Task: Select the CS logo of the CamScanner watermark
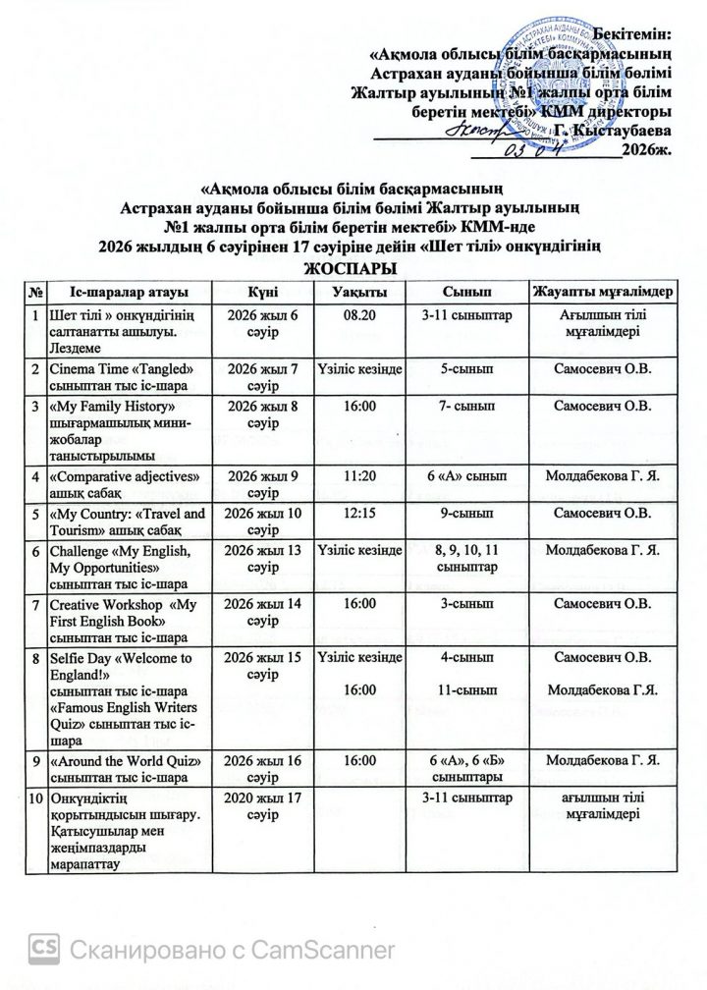[x=45, y=949]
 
